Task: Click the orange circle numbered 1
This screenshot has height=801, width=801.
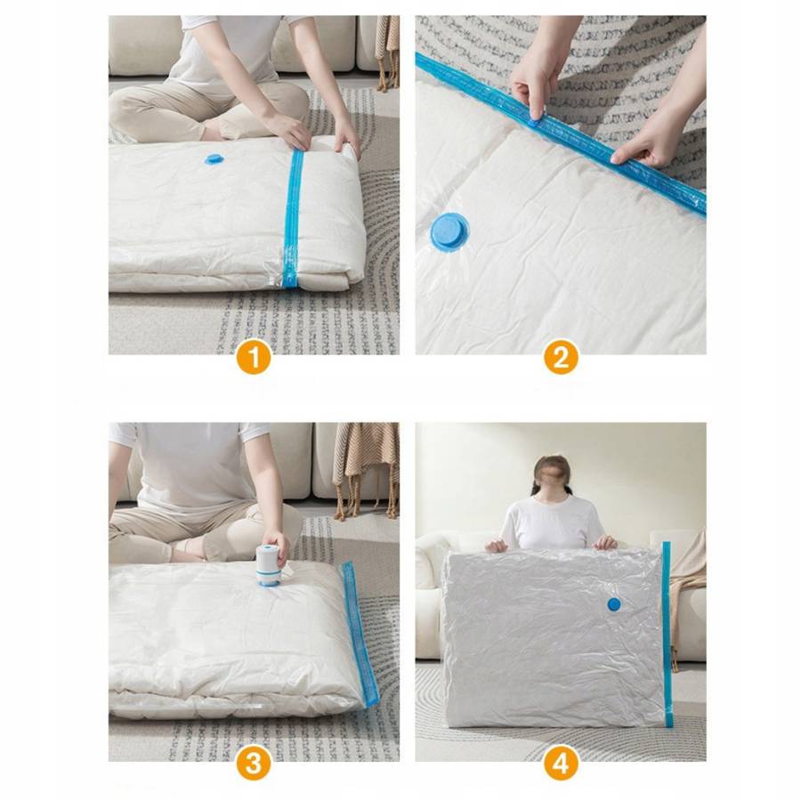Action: coord(254,357)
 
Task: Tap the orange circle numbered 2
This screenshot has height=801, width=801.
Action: coord(561,357)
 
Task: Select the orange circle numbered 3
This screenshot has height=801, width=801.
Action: coord(254,765)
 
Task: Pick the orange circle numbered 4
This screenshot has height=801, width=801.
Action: coord(561,765)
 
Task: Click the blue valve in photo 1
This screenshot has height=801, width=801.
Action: coord(214,159)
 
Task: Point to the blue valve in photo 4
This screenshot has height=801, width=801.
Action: coord(614,604)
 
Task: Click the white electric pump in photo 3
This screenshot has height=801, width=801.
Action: coord(270,565)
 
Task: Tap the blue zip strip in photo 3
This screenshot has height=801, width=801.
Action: coord(360,634)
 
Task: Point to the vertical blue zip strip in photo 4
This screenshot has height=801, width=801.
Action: coord(667,634)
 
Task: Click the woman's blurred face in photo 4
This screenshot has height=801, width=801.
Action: coord(551,475)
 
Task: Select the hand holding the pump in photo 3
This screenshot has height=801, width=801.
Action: coord(278,547)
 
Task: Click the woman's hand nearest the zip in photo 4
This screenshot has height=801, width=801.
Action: coord(606,542)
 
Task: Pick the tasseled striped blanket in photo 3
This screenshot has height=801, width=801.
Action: coord(366,470)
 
